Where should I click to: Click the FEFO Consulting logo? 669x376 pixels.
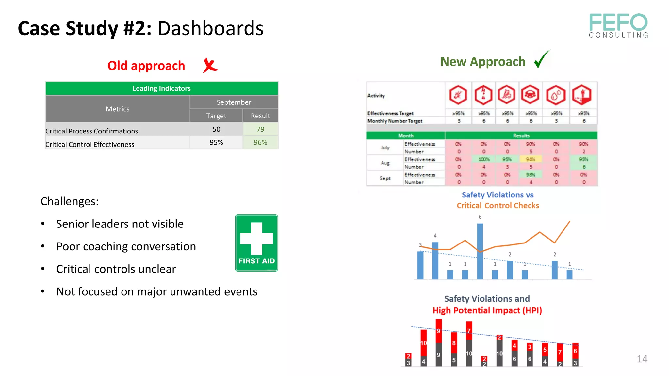[618, 25]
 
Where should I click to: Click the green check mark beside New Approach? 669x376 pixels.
[542, 59]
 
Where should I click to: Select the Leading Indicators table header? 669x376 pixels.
[162, 88]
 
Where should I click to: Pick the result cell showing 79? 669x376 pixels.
[260, 129]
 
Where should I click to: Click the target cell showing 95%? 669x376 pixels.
[216, 143]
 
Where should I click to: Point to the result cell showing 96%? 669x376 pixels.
[260, 143]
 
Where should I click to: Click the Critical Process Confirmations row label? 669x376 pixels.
[92, 131]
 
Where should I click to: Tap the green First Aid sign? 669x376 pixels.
[256, 243]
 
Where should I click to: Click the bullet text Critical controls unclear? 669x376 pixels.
[116, 269]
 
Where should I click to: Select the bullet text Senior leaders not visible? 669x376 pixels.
[120, 224]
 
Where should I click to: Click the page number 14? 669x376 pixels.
[642, 359]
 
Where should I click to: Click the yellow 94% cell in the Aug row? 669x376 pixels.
[530, 159]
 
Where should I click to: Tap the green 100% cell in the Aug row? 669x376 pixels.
[484, 159]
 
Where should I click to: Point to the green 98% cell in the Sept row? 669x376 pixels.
[530, 175]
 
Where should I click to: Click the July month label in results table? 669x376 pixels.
[385, 148]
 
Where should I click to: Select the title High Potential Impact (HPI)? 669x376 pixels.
[487, 310]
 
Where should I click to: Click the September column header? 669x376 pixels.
[234, 102]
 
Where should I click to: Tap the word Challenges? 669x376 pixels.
[70, 201]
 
